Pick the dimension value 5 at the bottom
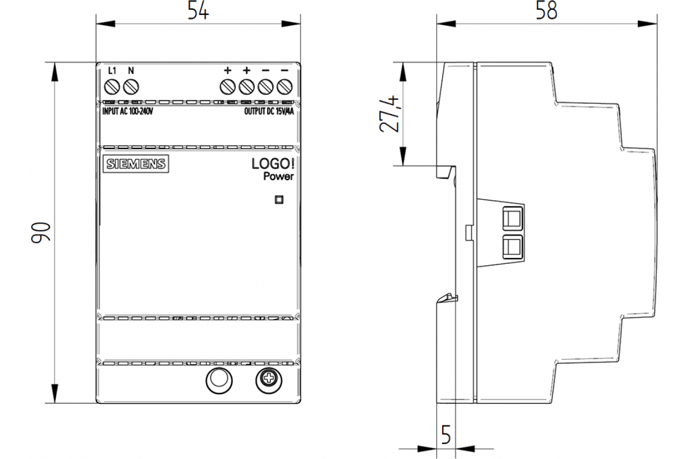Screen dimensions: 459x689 [446, 435]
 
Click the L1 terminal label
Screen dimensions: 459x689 [113, 71]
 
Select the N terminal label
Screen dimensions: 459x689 [130, 71]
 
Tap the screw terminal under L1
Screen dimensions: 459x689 [113, 87]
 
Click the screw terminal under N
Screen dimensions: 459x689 [131, 87]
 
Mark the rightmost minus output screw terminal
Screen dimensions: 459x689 [284, 87]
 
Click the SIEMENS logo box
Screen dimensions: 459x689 [134, 164]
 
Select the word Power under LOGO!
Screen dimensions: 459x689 [278, 177]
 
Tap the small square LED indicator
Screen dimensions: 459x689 [279, 200]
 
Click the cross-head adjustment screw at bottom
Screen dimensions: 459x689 [267, 380]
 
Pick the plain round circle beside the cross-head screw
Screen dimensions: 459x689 [218, 380]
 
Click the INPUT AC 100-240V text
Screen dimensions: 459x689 [127, 112]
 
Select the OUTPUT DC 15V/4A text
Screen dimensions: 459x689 [269, 112]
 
